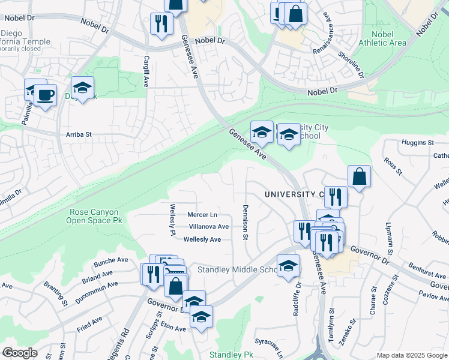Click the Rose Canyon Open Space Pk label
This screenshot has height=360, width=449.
coord(94,216)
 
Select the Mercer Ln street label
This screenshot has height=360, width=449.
coord(202,215)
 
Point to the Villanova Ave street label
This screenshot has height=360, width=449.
coord(208,227)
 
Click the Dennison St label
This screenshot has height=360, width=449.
coord(246,223)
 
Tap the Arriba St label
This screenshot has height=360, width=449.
coord(78,135)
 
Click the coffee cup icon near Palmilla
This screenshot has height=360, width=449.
coord(45,95)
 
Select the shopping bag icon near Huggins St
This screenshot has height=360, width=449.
coord(359,176)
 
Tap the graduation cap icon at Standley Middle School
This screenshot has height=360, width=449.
coord(289,265)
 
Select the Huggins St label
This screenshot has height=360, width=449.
coord(418,142)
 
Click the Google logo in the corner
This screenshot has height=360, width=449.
coord(20,353)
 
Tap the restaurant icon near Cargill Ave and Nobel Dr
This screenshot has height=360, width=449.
coord(161,24)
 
